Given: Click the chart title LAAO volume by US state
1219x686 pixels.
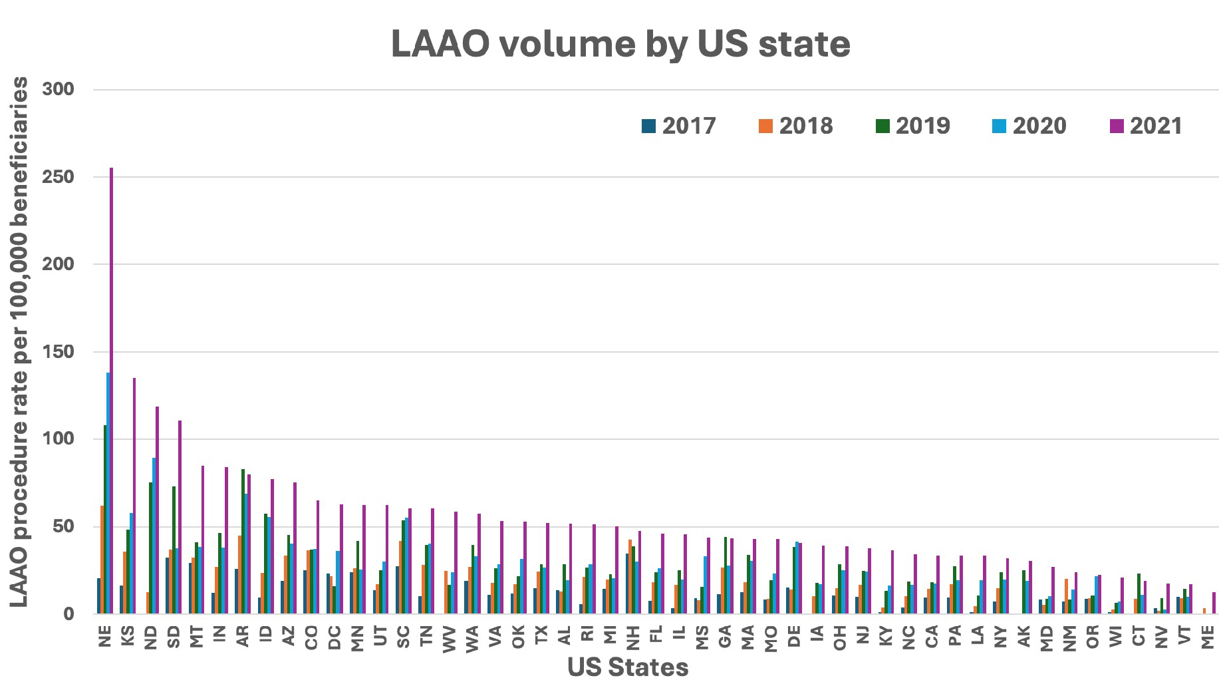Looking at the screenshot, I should (620, 44).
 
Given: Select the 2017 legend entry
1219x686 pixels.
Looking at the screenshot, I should (679, 126).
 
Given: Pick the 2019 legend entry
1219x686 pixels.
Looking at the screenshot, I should (913, 126).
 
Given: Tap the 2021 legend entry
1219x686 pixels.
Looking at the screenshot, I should (1147, 126).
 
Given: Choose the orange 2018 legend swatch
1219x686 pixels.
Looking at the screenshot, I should (765, 126).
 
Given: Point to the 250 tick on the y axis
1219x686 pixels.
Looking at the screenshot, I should (59, 177).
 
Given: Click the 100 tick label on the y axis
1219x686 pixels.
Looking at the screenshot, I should (59, 439).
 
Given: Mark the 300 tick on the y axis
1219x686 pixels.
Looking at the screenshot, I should (59, 89).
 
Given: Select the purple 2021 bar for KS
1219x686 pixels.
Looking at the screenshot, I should (134, 496).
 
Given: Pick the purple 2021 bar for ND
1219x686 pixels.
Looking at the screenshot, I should (158, 510).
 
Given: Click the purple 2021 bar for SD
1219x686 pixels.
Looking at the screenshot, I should (180, 516).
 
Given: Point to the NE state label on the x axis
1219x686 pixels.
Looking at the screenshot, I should (104, 636).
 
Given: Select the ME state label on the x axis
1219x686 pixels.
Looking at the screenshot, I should (1208, 637).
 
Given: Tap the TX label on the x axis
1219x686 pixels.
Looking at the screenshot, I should (541, 636).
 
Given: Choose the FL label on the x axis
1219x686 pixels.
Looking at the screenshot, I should (656, 636).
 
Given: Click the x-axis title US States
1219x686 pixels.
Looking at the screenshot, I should (628, 667).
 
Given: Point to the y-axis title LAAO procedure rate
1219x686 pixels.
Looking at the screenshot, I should (19, 341).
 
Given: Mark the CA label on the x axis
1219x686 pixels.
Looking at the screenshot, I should (932, 636).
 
